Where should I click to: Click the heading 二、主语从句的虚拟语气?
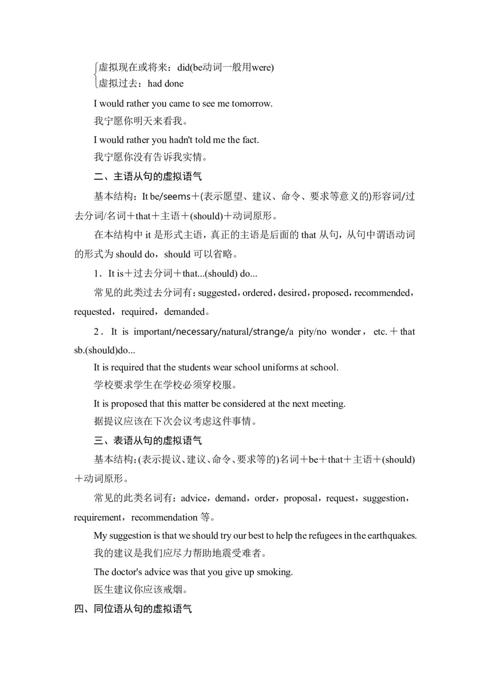[x=148, y=177]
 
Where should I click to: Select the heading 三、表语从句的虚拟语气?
[x=148, y=440]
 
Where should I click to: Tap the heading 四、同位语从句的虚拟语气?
[x=133, y=609]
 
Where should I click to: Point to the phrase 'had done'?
[x=166, y=84]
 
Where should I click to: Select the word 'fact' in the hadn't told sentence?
[x=250, y=140]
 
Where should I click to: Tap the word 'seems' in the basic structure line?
[x=176, y=197]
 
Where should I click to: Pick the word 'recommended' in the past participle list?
[x=382, y=293]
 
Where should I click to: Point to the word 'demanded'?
[x=184, y=312]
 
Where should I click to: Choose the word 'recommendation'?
[x=164, y=518]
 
